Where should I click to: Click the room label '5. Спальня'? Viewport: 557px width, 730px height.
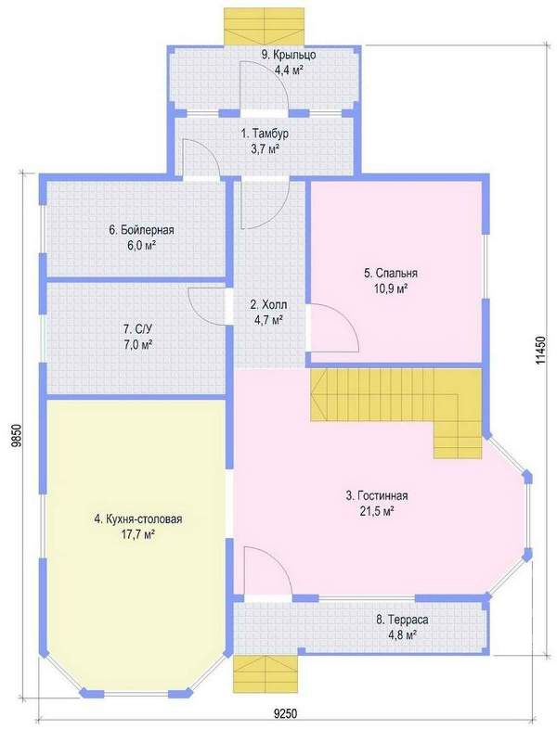click(390, 273)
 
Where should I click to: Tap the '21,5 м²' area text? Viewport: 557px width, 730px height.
click(377, 511)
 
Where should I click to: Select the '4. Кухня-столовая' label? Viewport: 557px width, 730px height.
click(138, 519)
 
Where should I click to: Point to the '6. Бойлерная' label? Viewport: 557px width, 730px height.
click(141, 229)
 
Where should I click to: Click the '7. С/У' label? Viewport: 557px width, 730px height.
click(138, 329)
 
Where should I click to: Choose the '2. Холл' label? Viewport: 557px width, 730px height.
click(268, 305)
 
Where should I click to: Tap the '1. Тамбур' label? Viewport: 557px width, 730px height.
click(265, 134)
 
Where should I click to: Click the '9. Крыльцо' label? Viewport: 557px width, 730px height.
click(289, 55)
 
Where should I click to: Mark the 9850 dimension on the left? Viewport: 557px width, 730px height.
click(17, 436)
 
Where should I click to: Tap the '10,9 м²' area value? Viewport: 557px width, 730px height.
click(390, 288)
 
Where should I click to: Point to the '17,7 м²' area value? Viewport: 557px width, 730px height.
click(138, 535)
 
